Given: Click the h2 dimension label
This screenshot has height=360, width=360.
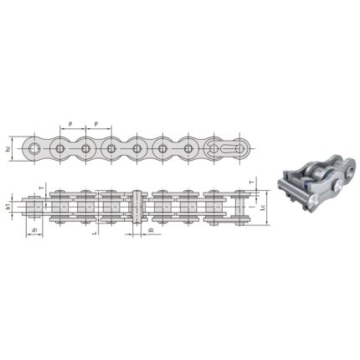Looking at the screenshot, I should coord(10,148).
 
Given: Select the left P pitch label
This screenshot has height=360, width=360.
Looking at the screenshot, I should coord(72,124).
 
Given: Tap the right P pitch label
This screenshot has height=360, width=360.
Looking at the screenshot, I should coord(97,124).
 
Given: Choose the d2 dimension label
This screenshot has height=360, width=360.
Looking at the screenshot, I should coord(149,229).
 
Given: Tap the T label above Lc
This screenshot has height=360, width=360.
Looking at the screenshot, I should coord(252,182).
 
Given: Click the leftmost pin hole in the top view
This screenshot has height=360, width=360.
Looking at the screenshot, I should coord(34,150).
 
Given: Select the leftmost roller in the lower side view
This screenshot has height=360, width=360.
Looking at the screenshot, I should coord(35,207).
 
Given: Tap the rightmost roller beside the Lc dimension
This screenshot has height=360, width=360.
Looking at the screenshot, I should coord(239,207).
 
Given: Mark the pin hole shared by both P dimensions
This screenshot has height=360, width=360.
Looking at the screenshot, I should coord(85,150).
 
